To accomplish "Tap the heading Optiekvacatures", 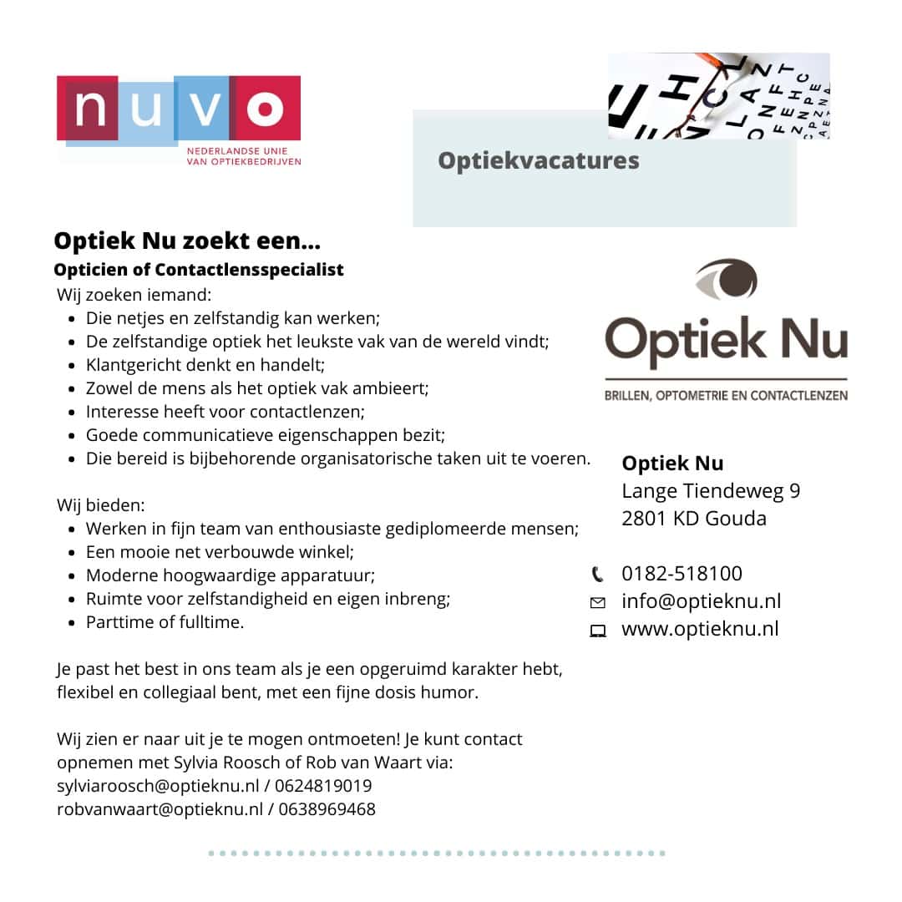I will click(539, 160).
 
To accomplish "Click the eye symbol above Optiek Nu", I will click(726, 279).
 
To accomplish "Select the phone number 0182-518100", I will click(682, 574).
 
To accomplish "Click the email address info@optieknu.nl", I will click(701, 601).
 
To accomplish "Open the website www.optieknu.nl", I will click(700, 629).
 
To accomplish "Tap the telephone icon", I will click(597, 574).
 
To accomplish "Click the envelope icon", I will click(597, 602).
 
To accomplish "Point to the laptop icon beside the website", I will click(597, 631).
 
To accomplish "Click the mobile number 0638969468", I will click(327, 809).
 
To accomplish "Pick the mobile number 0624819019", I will click(324, 786).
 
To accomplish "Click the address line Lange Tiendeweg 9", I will click(711, 491).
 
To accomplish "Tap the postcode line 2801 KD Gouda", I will click(693, 519).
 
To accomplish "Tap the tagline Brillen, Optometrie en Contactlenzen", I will click(726, 394).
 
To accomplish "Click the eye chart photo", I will click(718, 95).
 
